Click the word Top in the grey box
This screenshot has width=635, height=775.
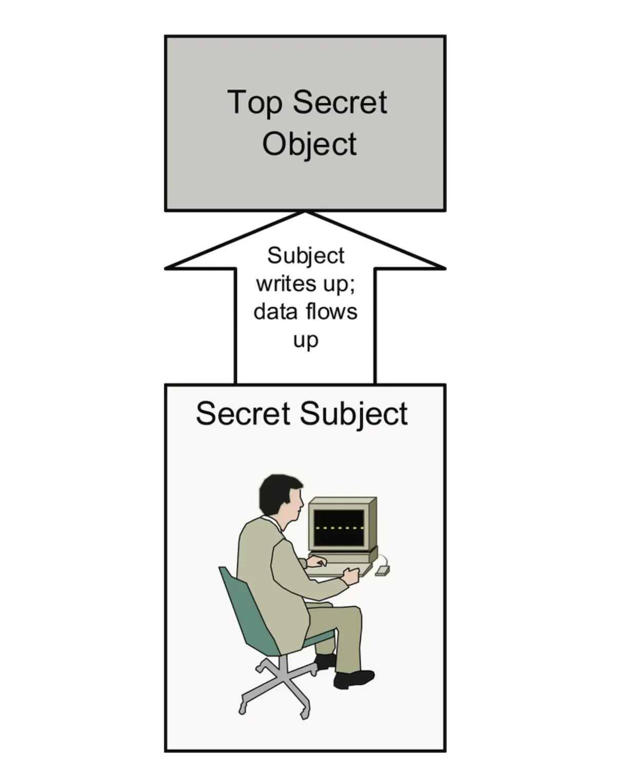pyautogui.click(x=254, y=103)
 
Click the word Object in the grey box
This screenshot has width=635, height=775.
pyautogui.click(x=309, y=144)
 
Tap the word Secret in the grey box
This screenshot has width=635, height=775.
pyautogui.click(x=340, y=102)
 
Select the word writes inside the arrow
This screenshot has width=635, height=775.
pyautogui.click(x=279, y=284)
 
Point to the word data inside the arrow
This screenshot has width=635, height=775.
pyautogui.click(x=275, y=312)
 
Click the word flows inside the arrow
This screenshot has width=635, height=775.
pyautogui.click(x=331, y=311)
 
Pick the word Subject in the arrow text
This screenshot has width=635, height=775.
pyautogui.click(x=306, y=256)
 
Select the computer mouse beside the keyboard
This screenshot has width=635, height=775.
pyautogui.click(x=382, y=569)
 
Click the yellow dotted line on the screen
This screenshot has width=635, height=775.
pyautogui.click(x=339, y=528)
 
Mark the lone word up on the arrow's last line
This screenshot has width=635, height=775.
pyautogui.click(x=306, y=340)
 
